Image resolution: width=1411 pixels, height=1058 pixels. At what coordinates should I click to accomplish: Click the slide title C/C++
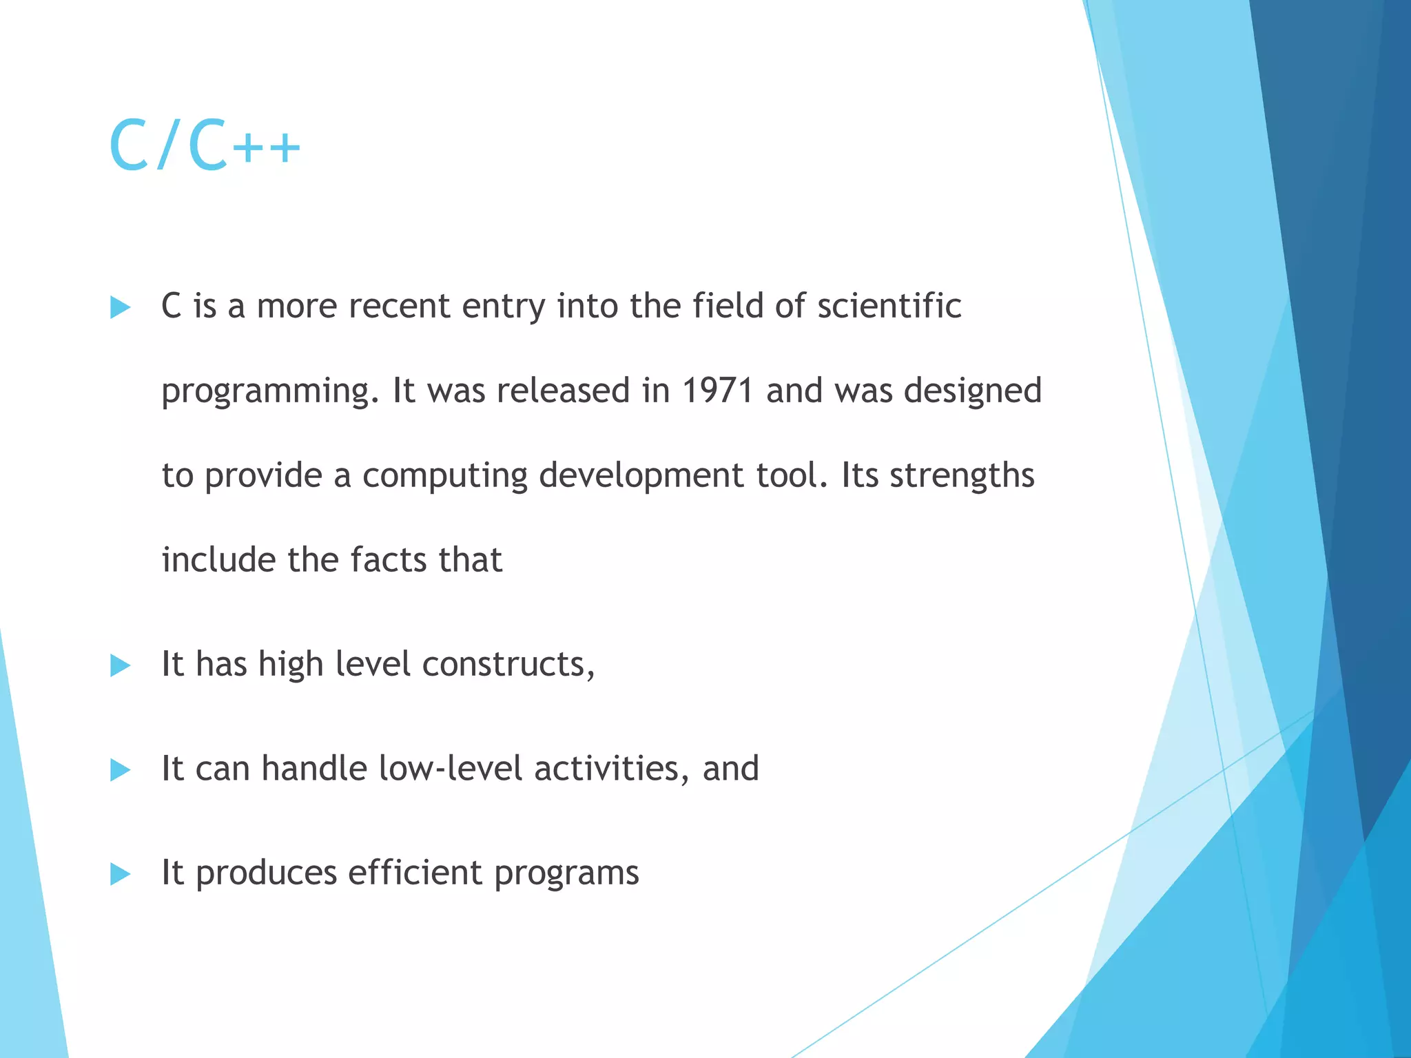[x=205, y=146]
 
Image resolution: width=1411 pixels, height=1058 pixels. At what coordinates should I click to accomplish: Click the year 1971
[x=717, y=391]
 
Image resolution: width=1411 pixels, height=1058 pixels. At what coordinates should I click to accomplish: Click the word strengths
[x=962, y=475]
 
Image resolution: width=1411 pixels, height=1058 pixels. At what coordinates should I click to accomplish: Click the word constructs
[x=508, y=665]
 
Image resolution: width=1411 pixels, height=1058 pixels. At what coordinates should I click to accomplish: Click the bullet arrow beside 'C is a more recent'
[x=120, y=308]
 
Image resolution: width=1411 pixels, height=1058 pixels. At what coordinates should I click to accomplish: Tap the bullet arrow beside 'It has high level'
[x=120, y=666]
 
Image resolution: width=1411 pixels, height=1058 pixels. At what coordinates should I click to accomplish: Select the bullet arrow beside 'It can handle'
[x=120, y=770]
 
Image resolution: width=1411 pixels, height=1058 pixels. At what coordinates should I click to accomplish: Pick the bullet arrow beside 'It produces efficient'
[x=120, y=875]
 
